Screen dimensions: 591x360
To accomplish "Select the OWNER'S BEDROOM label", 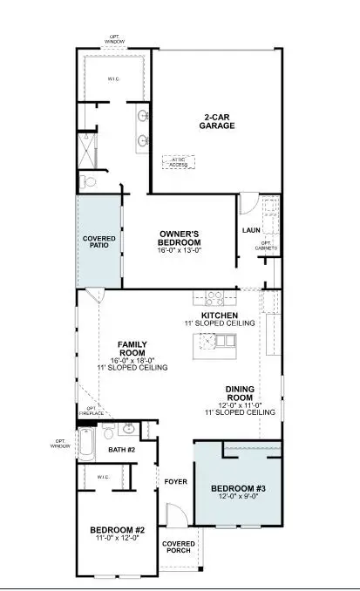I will tap(180, 237).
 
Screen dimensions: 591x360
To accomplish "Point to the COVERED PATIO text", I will tap(99, 242).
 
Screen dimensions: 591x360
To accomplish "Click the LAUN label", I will tap(251, 230).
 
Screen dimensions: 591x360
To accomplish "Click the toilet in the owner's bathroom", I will tap(87, 182).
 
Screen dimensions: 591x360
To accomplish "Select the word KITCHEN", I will tap(219, 315).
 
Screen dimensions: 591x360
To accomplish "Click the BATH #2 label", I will tap(121, 450).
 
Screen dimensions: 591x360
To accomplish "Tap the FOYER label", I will tap(175, 481).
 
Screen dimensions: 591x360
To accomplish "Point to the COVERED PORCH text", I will tap(179, 548).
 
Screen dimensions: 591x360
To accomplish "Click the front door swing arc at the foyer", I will tap(175, 515).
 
